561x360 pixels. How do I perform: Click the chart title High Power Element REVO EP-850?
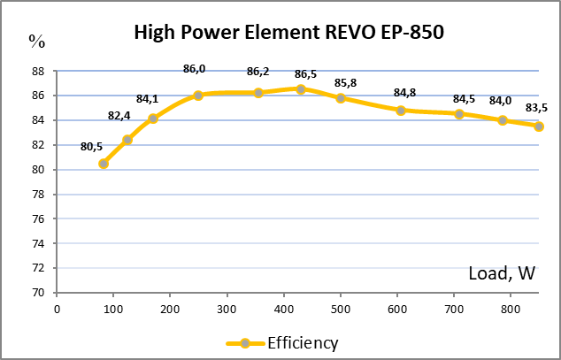288,33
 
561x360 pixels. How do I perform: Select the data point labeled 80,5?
104,164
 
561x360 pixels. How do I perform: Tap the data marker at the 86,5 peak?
301,89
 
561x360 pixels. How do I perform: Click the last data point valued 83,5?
539,126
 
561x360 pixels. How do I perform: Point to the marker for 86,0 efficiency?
198,96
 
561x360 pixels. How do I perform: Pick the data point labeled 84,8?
401,111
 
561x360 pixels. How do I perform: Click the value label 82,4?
119,116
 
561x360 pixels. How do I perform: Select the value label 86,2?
258,72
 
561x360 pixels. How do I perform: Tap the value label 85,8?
346,83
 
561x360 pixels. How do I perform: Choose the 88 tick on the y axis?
38,71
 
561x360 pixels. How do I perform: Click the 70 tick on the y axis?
38,293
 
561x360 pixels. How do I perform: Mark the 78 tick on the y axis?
38,195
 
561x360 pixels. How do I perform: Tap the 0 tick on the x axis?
58,309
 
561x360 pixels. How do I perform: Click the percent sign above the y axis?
36,41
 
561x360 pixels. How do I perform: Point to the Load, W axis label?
502,274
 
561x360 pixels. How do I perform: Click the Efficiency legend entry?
283,342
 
